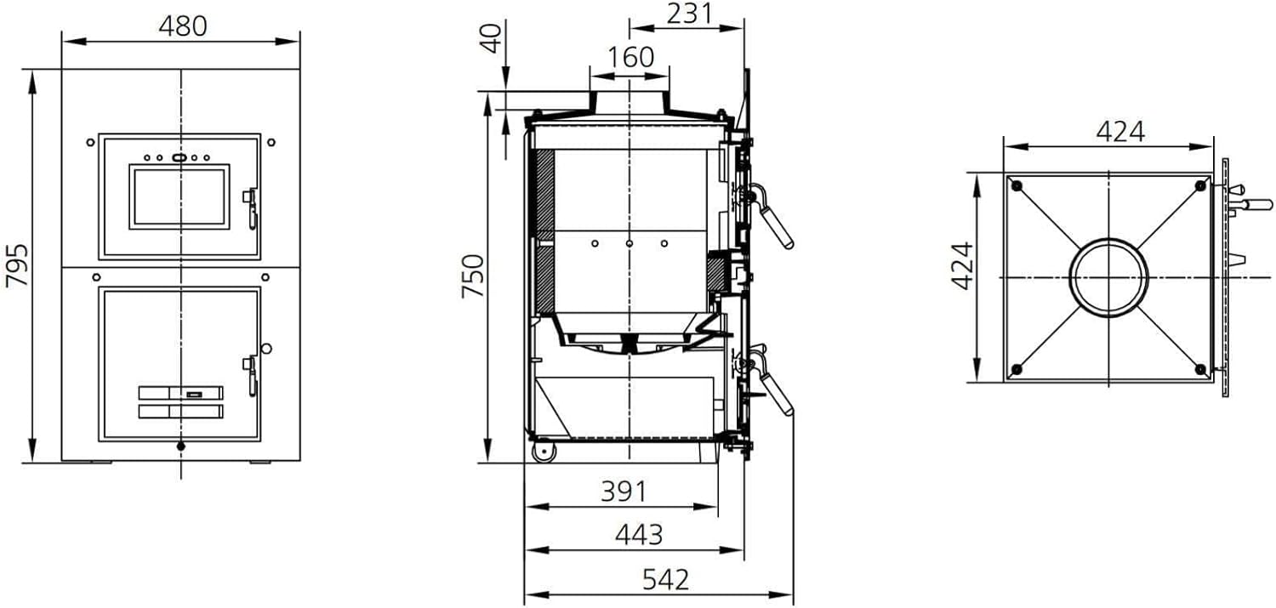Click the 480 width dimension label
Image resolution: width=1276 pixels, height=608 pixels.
(x=183, y=26)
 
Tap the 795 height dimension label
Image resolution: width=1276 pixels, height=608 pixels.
(x=16, y=266)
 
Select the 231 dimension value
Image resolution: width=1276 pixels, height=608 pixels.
(x=689, y=14)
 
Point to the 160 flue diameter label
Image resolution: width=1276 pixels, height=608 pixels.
(x=630, y=57)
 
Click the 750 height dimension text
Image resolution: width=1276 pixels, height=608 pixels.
(x=473, y=276)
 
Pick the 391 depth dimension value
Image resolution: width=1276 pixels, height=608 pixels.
(x=624, y=492)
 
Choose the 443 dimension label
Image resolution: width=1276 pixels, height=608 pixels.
(x=639, y=535)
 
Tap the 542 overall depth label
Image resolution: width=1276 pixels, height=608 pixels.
(x=665, y=580)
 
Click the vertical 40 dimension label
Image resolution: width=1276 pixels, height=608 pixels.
(x=492, y=38)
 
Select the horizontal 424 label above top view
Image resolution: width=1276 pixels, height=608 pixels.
(x=1120, y=132)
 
